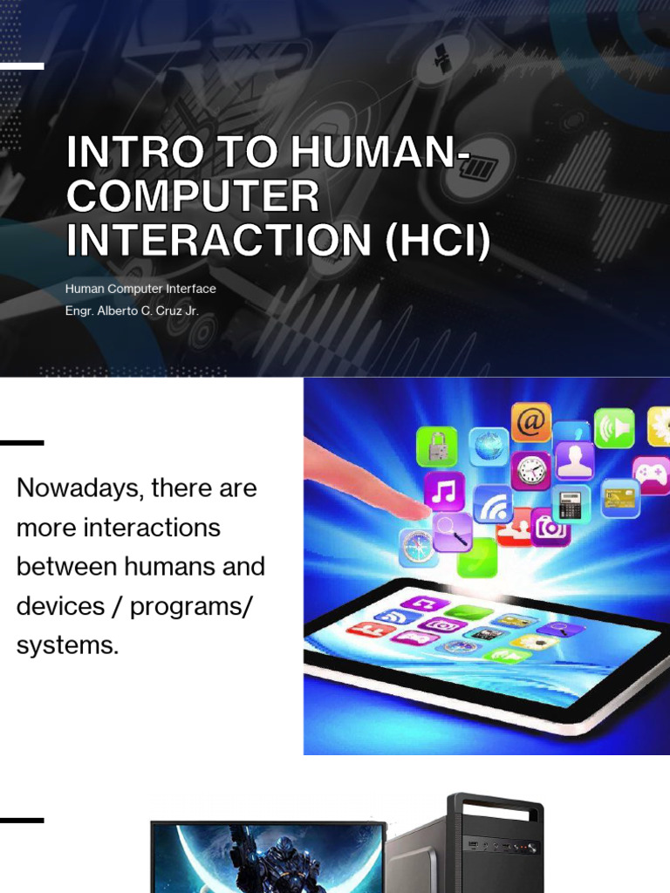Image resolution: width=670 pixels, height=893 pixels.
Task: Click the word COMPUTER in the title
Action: click(193, 197)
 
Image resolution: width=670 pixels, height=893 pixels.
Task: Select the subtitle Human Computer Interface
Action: click(140, 289)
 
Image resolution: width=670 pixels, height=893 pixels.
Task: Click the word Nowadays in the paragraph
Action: click(79, 488)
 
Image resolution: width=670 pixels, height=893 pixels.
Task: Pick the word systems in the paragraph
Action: click(67, 645)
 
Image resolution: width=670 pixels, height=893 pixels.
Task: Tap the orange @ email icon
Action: click(531, 422)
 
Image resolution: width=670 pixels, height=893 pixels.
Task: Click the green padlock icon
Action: click(437, 446)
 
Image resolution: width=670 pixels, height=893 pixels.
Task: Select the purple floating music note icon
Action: click(444, 492)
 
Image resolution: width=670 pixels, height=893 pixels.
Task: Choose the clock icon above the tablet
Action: click(530, 471)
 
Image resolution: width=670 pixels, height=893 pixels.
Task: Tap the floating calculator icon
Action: click(571, 504)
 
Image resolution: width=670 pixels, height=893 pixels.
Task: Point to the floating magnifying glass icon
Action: click(453, 531)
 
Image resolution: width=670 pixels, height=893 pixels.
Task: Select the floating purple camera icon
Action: click(550, 527)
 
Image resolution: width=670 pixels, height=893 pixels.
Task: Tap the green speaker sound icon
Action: click(614, 428)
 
